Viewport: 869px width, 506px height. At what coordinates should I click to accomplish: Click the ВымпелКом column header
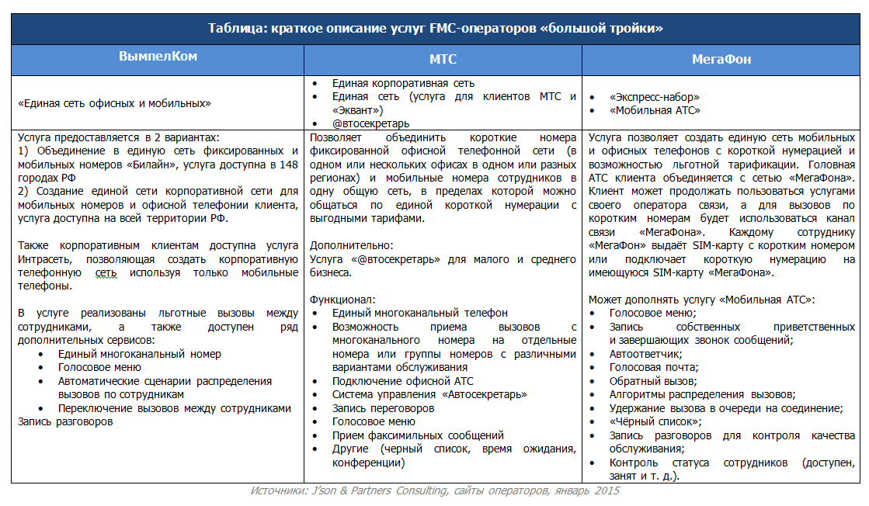tap(158, 57)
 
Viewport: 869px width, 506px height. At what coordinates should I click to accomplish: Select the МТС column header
tap(443, 59)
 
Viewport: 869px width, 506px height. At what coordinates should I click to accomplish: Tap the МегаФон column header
tap(721, 59)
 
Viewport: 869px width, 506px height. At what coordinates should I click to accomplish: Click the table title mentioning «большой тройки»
tap(435, 29)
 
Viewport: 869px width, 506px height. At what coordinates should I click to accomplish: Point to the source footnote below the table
tap(435, 491)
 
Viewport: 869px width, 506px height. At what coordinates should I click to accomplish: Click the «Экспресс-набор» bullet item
tap(655, 97)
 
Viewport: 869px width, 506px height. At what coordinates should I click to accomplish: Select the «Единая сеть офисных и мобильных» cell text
tap(114, 102)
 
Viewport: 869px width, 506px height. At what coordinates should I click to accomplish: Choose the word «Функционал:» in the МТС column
tap(342, 300)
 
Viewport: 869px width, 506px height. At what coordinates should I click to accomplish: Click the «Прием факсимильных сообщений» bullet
tap(418, 435)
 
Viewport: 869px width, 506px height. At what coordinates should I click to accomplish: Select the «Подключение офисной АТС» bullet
tap(402, 381)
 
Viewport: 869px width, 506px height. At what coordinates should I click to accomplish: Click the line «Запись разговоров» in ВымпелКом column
tap(65, 421)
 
